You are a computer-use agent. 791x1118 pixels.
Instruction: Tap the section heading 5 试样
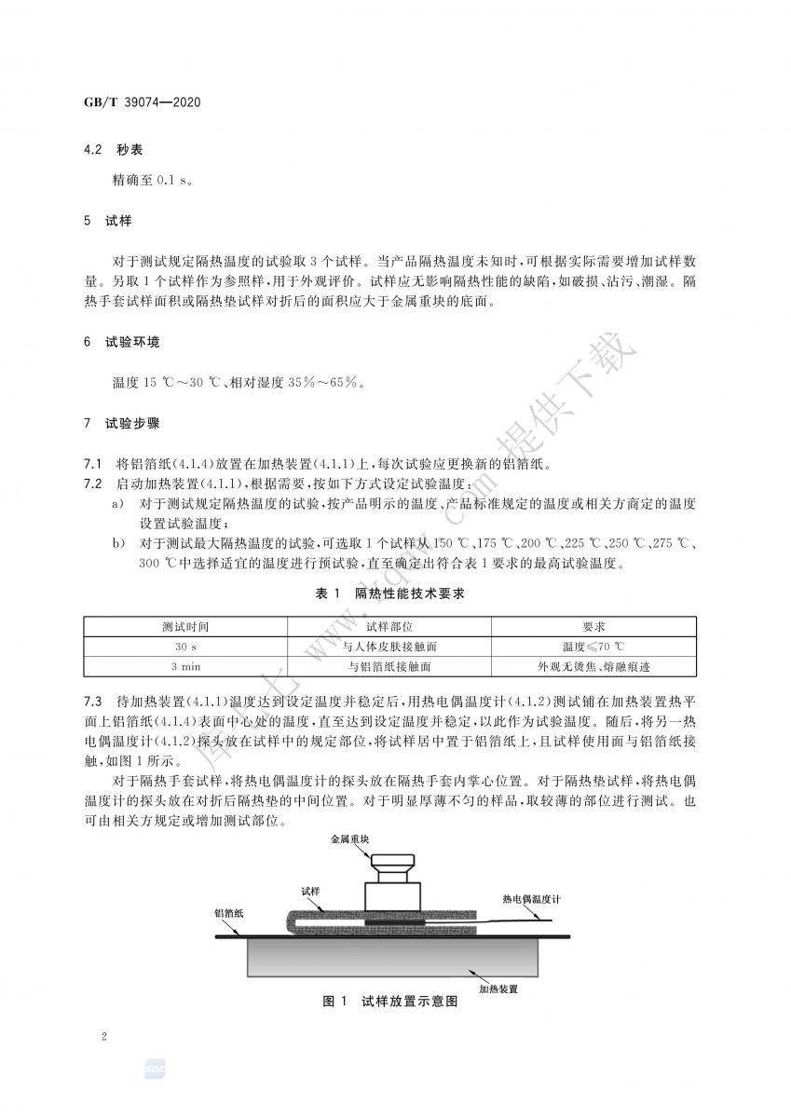click(108, 222)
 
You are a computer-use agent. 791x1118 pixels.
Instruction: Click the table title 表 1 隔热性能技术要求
click(396, 594)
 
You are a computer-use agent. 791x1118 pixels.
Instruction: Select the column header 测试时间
click(185, 627)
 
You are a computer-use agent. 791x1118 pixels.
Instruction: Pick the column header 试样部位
click(389, 627)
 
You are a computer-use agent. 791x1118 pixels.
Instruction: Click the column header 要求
click(593, 627)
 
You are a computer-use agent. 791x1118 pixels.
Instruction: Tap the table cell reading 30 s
click(185, 647)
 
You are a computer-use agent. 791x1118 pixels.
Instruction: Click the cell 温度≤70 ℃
click(593, 647)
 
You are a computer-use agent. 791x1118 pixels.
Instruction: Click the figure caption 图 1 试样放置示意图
click(389, 1002)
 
